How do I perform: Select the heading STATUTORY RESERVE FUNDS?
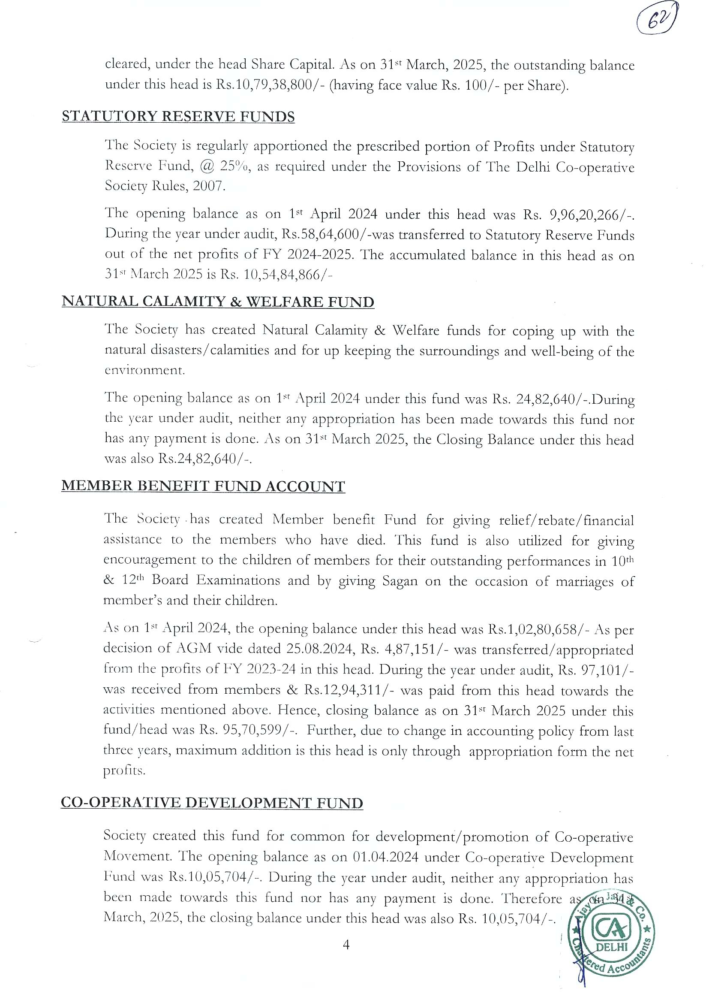178,117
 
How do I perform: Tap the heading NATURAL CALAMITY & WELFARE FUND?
218,302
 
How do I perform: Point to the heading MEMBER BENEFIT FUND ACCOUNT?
203,486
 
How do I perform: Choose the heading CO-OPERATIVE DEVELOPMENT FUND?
212,803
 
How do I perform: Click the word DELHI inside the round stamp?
612,948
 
